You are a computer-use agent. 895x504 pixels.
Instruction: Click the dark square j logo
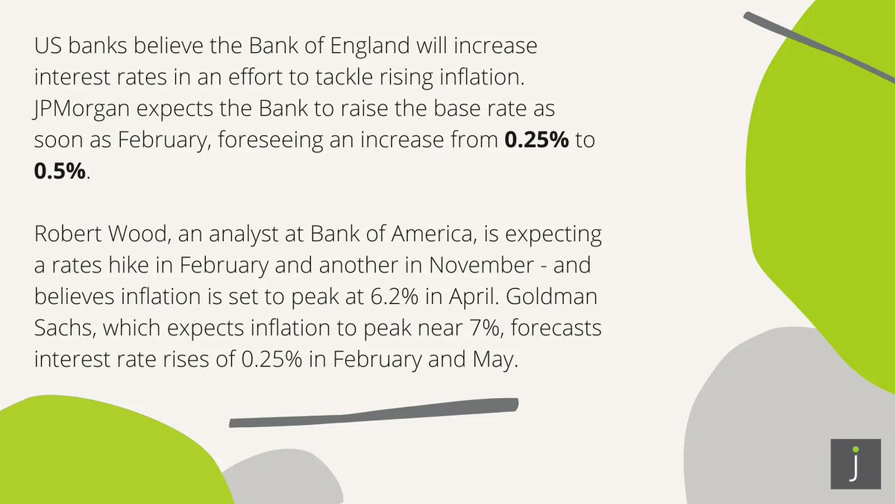point(855,465)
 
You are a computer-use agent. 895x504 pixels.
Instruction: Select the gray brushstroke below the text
point(373,414)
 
